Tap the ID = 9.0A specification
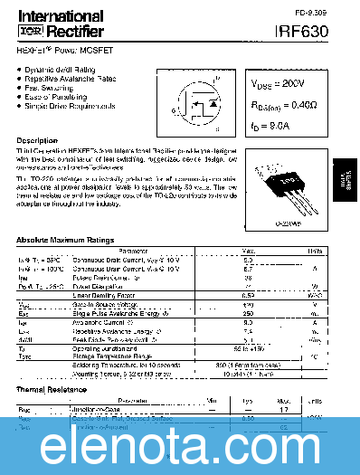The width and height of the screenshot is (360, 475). click(276, 128)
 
